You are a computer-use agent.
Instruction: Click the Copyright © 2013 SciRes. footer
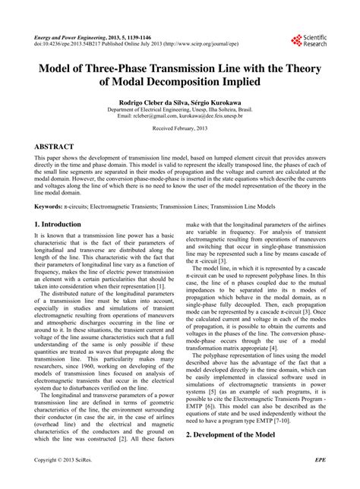(x=69, y=481)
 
